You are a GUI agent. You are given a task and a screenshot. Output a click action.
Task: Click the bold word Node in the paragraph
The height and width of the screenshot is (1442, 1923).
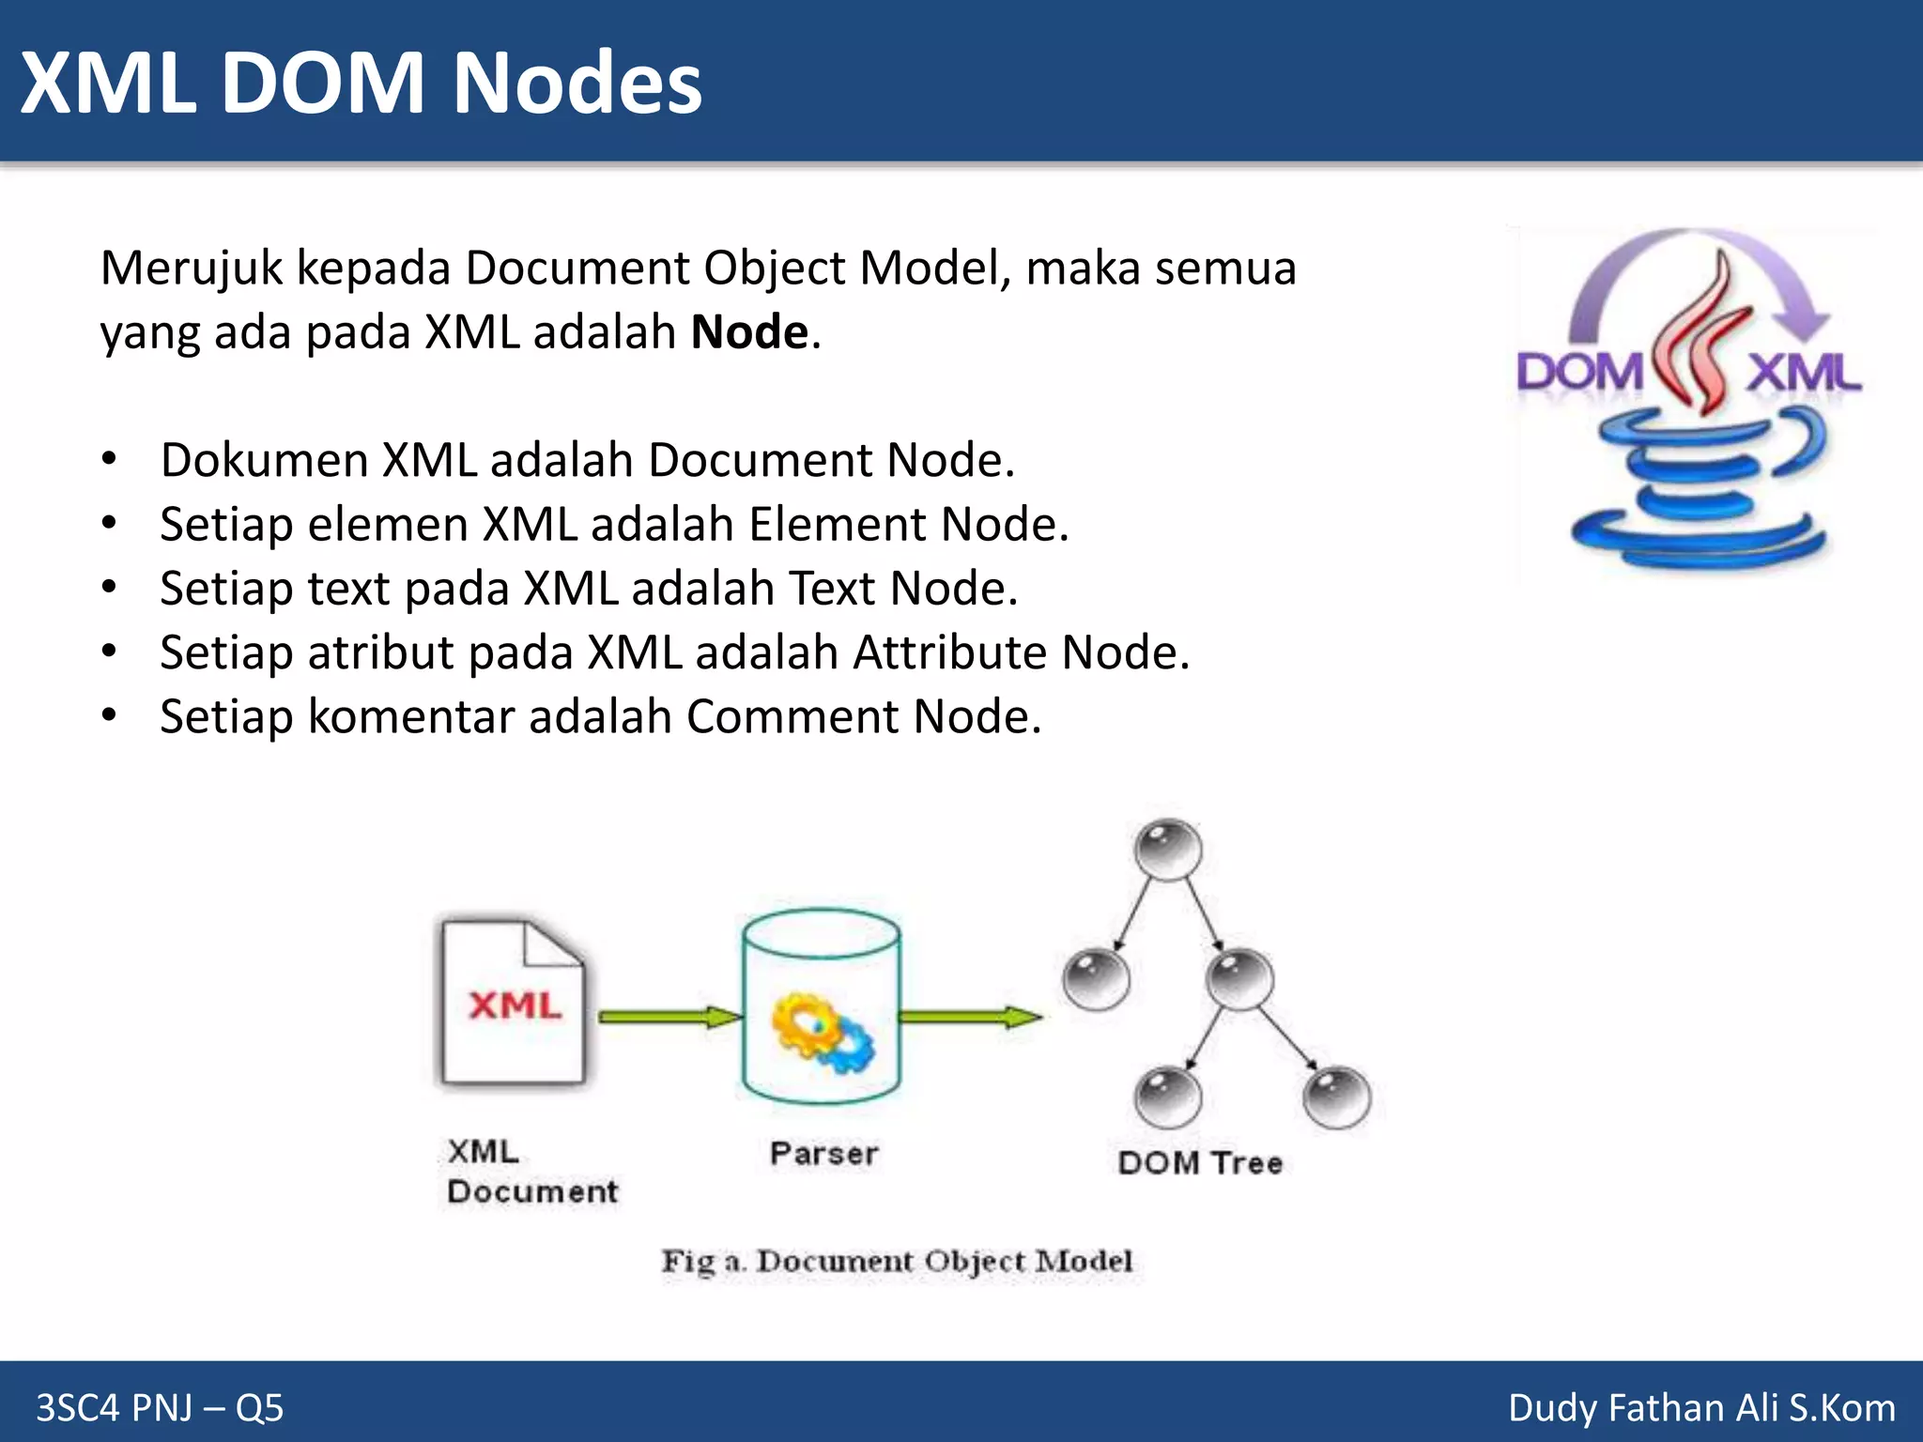[749, 332]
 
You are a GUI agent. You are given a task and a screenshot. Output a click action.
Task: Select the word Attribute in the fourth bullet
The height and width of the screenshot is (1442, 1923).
[949, 652]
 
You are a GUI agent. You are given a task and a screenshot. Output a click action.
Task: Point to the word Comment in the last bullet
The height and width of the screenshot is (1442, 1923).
[792, 717]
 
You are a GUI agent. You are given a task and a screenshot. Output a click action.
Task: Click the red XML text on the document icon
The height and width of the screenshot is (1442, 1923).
[515, 1005]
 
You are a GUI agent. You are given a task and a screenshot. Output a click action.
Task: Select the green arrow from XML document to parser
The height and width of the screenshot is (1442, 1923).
[669, 1017]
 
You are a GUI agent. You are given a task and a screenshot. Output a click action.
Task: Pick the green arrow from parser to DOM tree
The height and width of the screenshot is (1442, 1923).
[969, 1017]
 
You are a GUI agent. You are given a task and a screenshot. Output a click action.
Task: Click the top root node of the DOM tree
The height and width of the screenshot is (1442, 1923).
[1168, 850]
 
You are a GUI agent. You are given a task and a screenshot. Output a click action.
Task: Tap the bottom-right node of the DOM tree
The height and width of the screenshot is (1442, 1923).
[1337, 1097]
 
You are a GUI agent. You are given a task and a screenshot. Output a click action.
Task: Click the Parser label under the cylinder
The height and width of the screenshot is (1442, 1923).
[823, 1154]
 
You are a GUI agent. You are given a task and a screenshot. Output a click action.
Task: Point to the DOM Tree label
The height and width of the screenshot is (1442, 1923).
[1200, 1163]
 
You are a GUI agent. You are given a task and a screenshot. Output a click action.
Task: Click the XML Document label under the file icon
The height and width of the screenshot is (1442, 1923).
[531, 1172]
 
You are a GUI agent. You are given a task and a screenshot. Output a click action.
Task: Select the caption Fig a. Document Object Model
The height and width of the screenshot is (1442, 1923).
[897, 1261]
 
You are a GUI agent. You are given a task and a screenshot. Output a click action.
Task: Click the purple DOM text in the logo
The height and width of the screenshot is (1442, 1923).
[1578, 373]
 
